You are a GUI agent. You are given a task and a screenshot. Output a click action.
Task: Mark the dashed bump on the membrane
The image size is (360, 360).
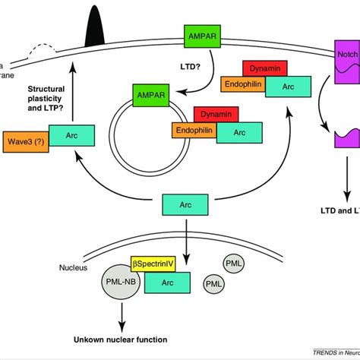(43, 50)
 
